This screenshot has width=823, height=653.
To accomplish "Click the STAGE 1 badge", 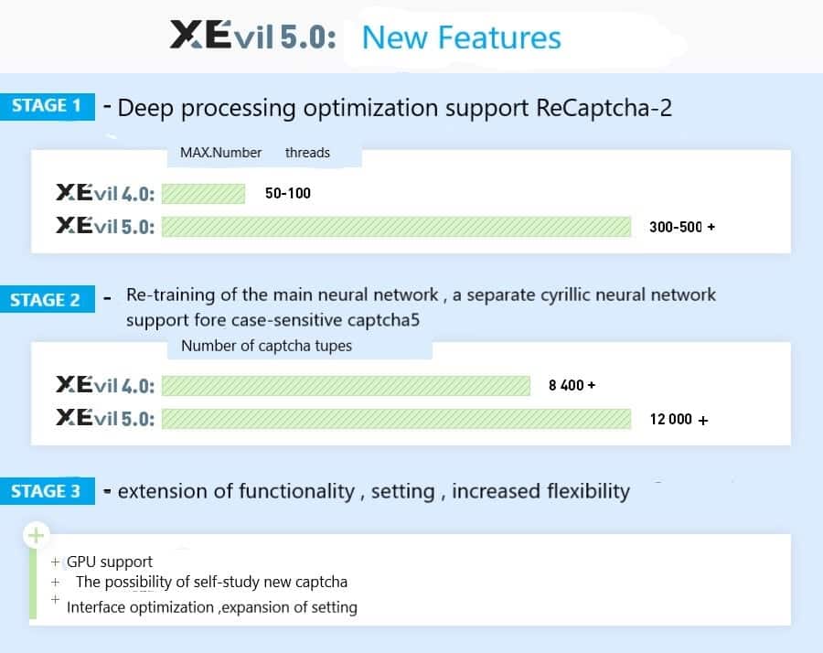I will [47, 106].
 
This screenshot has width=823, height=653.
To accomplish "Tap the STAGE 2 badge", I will [46, 300].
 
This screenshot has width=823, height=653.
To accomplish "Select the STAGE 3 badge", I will [46, 491].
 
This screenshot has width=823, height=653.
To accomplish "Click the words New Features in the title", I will [461, 37].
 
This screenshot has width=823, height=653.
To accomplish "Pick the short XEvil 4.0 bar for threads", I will [203, 194].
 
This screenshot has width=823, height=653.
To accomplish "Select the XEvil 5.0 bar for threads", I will [396, 226].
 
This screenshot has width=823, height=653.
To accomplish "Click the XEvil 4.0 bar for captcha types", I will [346, 386].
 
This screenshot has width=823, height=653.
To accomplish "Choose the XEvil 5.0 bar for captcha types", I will [396, 419].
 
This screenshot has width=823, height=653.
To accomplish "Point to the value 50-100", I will [287, 194].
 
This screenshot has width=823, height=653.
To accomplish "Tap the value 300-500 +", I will [681, 227].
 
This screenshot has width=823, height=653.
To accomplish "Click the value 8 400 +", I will [572, 386].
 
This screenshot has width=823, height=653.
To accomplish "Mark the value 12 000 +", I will [679, 420].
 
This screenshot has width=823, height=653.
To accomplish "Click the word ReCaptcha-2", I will [603, 108].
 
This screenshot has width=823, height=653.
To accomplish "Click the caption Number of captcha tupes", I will [266, 346].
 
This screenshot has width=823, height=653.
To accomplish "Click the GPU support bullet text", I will [110, 562].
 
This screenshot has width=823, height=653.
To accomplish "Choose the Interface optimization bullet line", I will [211, 607].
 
